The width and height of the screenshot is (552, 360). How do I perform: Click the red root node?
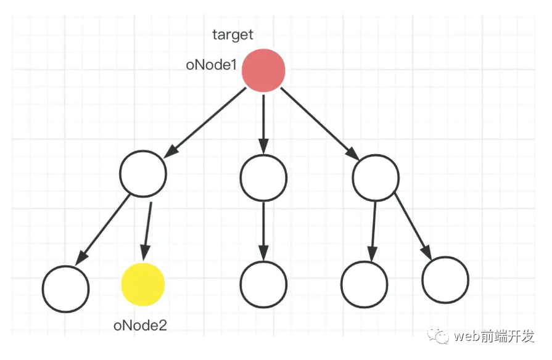coord(263,70)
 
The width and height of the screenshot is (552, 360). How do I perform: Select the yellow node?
coord(143,284)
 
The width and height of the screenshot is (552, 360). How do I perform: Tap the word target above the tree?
coord(233,35)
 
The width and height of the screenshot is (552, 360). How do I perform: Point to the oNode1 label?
coord(212,65)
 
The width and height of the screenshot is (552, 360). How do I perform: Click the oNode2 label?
coord(140,325)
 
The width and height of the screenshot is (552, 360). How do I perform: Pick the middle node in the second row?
coord(263,178)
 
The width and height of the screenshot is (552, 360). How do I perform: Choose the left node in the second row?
coord(143,173)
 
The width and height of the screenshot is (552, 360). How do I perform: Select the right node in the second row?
coord(376,178)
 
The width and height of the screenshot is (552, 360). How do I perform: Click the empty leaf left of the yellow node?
coord(65,289)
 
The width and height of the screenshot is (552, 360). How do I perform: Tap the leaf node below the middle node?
coord(263,284)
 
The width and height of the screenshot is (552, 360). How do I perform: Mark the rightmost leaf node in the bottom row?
coord(445,280)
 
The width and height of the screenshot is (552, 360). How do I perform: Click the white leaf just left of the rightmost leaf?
coord(365,284)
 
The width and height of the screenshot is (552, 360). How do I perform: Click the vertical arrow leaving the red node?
coord(263,125)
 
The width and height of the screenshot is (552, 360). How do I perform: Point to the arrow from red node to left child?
coord(205,123)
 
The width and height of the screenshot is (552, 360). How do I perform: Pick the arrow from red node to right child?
coord(319,123)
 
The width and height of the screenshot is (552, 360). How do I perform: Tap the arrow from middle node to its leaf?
coord(263,231)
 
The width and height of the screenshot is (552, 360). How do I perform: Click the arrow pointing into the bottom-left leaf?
coord(102,229)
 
